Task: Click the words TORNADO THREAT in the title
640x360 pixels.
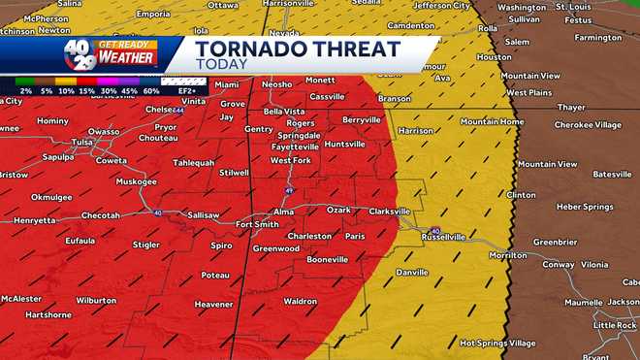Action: pyautogui.click(x=297, y=48)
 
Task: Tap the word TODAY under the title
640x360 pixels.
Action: pyautogui.click(x=220, y=64)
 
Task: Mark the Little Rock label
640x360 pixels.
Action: pyautogui.click(x=614, y=325)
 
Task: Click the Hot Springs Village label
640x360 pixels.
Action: pyautogui.click(x=496, y=343)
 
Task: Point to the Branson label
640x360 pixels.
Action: pyautogui.click(x=394, y=98)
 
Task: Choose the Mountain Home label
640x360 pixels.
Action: pyautogui.click(x=492, y=121)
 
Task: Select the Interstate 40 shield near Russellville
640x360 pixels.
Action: pyautogui.click(x=435, y=230)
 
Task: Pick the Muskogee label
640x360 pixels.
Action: pyautogui.click(x=136, y=181)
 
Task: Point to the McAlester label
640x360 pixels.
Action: pyautogui.click(x=20, y=299)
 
